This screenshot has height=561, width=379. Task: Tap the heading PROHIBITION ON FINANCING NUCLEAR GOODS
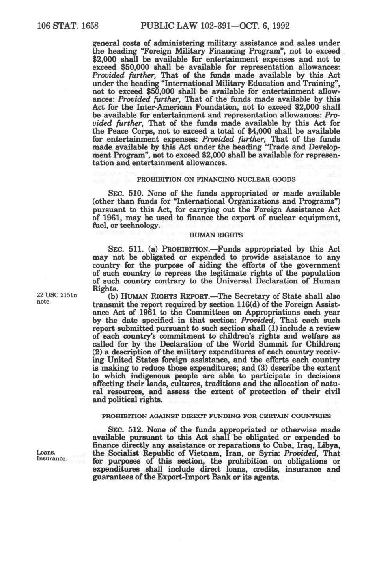tap(216, 179)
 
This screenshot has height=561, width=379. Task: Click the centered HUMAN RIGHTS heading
tap(216, 235)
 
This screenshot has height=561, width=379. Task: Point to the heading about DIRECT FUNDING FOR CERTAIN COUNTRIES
tap(216, 416)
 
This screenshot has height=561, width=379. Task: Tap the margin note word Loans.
tap(45, 452)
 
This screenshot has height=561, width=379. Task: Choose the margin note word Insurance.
tap(52, 459)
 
